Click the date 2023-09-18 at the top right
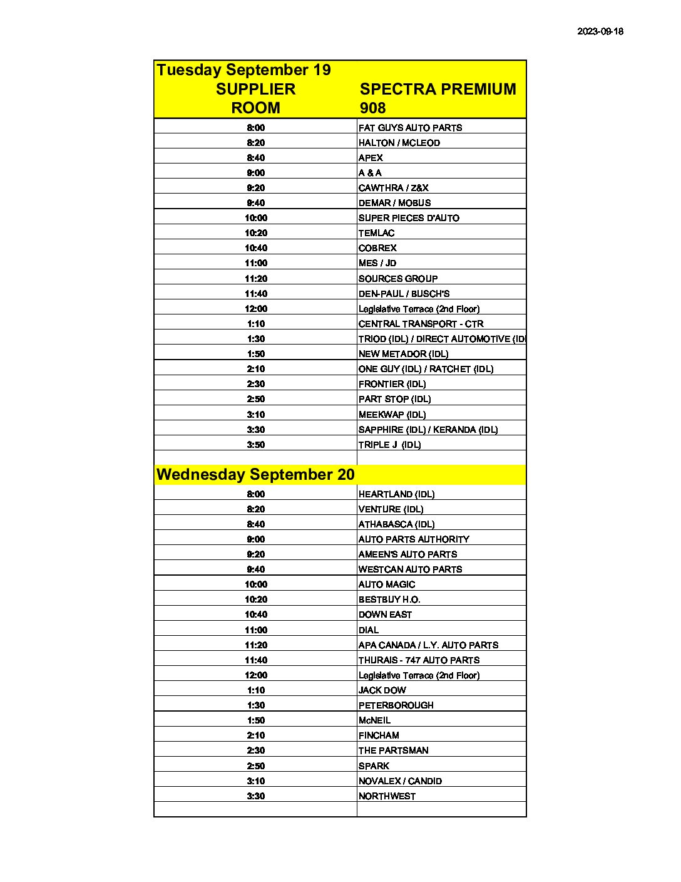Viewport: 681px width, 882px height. pos(600,31)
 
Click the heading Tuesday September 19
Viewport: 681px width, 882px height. pos(243,70)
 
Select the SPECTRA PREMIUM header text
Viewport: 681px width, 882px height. pos(438,89)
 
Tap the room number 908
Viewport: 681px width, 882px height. pos(372,108)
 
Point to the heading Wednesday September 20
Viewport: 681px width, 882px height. pos(255,474)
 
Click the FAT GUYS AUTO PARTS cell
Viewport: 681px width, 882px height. pos(410,128)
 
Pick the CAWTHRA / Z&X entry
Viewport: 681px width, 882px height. pos(393,188)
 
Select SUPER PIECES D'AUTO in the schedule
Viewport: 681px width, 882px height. pos(409,218)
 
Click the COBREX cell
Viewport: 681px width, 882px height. pos(377,248)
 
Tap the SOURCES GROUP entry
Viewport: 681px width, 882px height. pos(398,279)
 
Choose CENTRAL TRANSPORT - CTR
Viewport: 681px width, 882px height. pos(421,324)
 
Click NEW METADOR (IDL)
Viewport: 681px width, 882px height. pos(403,354)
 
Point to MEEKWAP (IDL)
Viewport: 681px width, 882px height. pos(392,415)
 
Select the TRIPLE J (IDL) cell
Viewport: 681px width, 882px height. pos(389,445)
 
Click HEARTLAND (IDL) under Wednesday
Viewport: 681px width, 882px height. pos(396,494)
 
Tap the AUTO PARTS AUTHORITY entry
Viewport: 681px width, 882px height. pos(414,539)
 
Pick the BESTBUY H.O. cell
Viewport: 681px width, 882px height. pos(389,599)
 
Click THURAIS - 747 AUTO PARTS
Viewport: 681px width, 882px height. pos(419,660)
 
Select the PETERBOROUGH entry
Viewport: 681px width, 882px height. pos(396,705)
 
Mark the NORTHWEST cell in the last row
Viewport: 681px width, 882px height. pos(387,796)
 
